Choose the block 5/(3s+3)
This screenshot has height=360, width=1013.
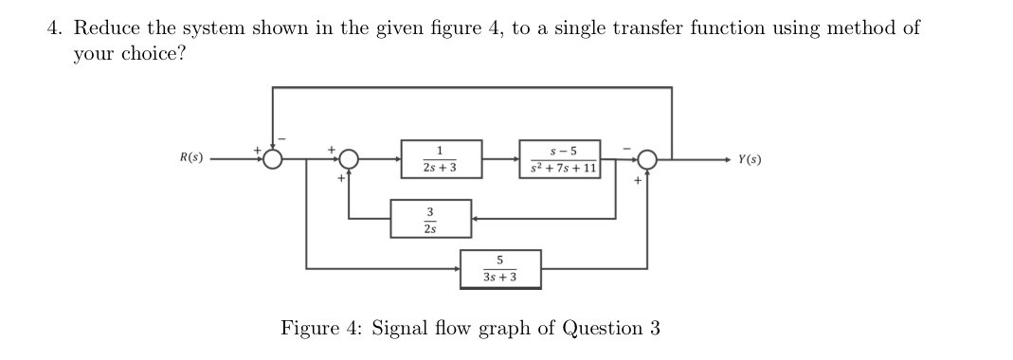500,268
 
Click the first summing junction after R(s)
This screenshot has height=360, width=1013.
274,159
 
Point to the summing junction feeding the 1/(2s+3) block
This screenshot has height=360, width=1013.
350,159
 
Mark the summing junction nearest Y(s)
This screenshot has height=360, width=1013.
647,159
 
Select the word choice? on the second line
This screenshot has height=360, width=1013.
152,53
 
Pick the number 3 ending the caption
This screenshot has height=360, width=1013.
655,329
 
